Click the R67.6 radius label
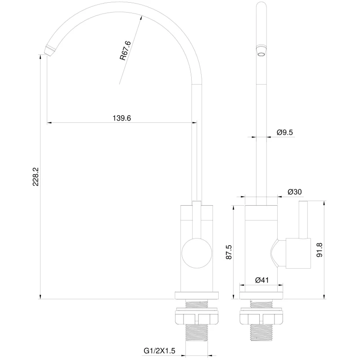pos(126,50)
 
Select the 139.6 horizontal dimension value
pos(121,118)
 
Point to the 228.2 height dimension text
pos(36,176)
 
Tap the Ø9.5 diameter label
pos(285,132)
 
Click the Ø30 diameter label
pos(295,192)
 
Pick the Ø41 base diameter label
pos(262,280)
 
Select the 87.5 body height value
pos(229,252)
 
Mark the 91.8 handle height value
pos(319,250)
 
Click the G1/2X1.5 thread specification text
pos(159,351)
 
